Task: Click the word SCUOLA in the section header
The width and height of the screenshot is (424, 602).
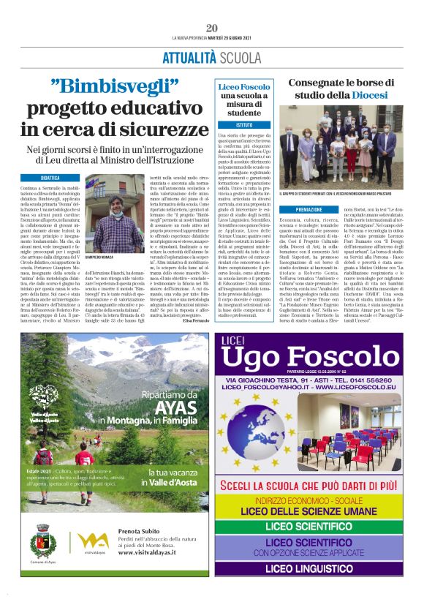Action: (241, 58)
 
